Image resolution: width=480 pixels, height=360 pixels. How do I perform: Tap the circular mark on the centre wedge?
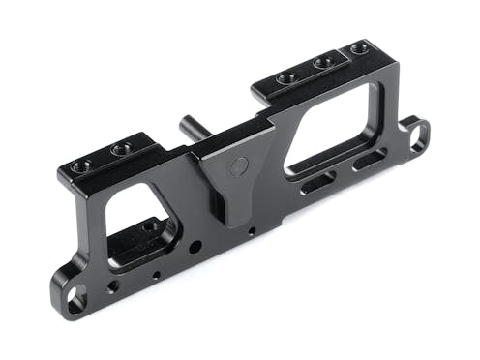(x=234, y=166)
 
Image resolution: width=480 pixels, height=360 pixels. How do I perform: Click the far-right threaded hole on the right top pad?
(x=360, y=47)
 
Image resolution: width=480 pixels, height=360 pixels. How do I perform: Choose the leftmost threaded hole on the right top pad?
(x=285, y=78)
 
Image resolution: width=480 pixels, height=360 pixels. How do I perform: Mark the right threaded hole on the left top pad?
(x=121, y=150)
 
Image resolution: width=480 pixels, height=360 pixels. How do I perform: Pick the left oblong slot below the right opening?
(x=317, y=181)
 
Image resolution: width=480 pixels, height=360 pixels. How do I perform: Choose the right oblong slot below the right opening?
(x=368, y=159)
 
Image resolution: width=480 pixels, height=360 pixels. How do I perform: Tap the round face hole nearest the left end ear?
(x=113, y=286)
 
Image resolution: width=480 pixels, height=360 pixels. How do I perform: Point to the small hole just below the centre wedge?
(x=252, y=231)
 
